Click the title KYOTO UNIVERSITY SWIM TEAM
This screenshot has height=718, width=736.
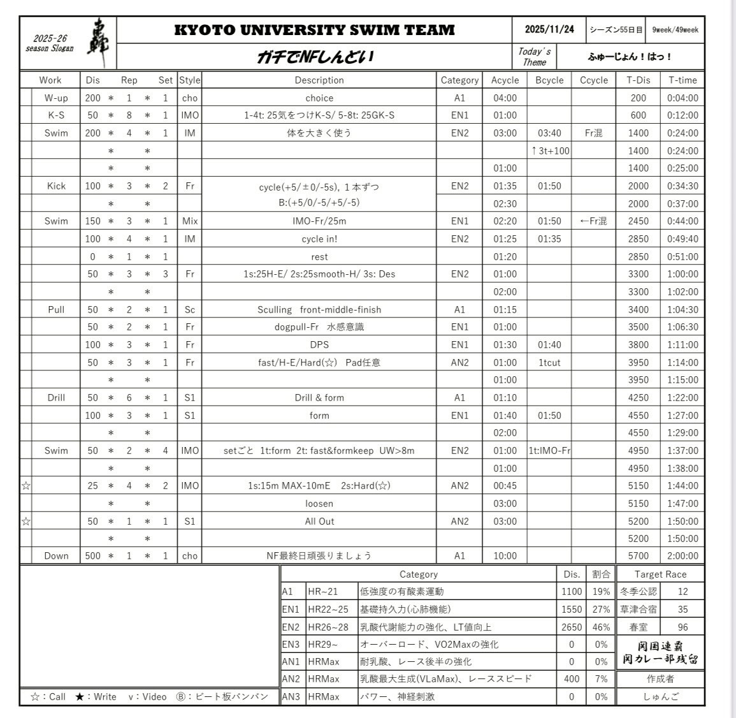[x=314, y=30]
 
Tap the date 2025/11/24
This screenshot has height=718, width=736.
[x=549, y=29]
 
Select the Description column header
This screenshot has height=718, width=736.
[x=319, y=80]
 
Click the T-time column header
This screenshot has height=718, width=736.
[x=682, y=80]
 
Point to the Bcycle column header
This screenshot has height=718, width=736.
[x=549, y=80]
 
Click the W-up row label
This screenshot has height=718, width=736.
[x=56, y=98]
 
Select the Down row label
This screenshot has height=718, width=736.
[x=56, y=555]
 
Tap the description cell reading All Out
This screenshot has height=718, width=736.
[x=319, y=521]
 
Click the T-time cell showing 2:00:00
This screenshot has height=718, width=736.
[x=682, y=555]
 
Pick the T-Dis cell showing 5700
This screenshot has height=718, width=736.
[x=638, y=555]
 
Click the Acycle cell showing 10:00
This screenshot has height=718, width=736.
[x=505, y=555]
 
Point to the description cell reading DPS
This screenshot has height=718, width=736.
[x=319, y=344]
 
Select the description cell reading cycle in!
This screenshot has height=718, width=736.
[x=319, y=238]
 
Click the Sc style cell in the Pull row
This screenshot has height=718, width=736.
[x=189, y=309]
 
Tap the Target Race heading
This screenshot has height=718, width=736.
[x=660, y=575]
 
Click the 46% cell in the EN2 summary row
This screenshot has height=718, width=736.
[x=601, y=627]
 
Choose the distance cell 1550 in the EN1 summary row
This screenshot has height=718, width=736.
[x=572, y=609]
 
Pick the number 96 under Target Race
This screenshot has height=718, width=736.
[x=682, y=627]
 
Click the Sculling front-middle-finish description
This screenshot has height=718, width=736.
[x=319, y=309]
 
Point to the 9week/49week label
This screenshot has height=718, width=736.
[x=675, y=30]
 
